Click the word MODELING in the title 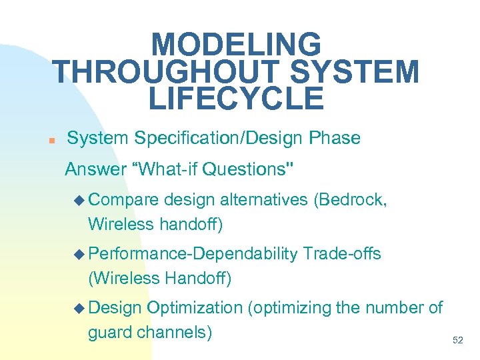click(236, 45)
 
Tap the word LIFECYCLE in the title click(236, 99)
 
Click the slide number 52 click(457, 340)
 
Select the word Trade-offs click(342, 253)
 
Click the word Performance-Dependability click(193, 253)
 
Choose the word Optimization click(195, 307)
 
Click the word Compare click(123, 199)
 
